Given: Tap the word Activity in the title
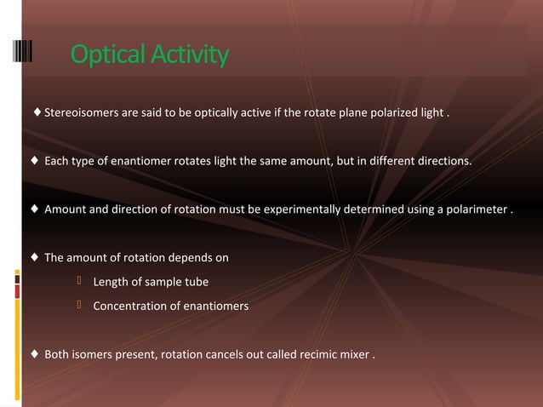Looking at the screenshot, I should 188,55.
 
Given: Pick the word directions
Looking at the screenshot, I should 439,161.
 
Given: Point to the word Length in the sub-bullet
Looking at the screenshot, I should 111,283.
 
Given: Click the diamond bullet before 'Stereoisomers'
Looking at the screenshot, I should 37,112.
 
